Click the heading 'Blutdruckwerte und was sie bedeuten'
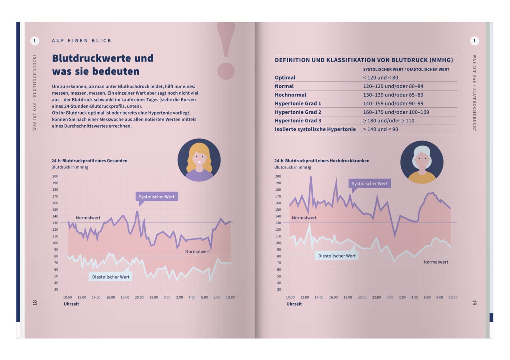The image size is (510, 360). (x=103, y=65)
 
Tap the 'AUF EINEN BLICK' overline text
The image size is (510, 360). (x=82, y=41)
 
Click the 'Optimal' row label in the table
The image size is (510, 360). (x=285, y=77)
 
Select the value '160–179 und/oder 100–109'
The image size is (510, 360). (x=396, y=112)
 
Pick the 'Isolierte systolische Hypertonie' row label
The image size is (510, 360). (x=315, y=129)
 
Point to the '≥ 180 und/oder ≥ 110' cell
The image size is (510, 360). (x=388, y=121)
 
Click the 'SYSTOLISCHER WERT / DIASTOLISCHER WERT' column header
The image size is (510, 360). (x=406, y=69)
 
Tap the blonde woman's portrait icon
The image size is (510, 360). (x=199, y=160)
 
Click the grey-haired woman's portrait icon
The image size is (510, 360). (x=422, y=162)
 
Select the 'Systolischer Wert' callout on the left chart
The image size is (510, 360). (x=156, y=197)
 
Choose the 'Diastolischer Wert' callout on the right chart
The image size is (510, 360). (x=337, y=256)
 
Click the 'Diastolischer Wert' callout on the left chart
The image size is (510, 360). (x=111, y=277)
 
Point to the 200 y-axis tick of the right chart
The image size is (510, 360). (x=278, y=176)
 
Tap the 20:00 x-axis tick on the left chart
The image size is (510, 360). (x=139, y=297)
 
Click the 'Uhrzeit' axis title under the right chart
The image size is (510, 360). (x=294, y=304)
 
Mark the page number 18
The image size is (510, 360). (x=35, y=303)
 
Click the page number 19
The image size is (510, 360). (x=474, y=303)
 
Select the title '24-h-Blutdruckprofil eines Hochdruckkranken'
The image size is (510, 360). (x=322, y=161)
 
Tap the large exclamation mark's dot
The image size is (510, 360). (x=226, y=71)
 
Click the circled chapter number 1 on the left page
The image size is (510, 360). (x=35, y=41)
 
